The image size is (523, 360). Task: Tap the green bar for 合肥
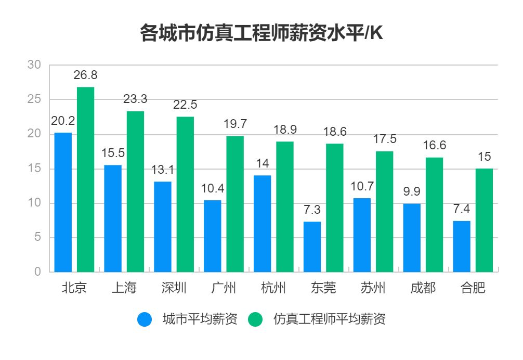pos(484,220)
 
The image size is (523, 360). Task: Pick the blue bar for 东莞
pos(312,247)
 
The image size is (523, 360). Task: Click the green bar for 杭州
pos(284,207)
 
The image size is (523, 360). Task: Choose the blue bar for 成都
pos(412,238)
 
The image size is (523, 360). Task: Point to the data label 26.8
pos(85,75)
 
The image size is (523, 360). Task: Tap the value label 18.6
pos(334,132)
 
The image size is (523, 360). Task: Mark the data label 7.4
pos(462,209)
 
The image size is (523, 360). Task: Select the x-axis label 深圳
pos(174,288)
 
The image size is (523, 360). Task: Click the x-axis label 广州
pos(224,288)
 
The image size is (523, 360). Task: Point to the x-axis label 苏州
pos(373,288)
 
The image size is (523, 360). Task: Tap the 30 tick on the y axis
pos(34,65)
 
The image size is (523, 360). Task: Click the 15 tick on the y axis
pos(34,169)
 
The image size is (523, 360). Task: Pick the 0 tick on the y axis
pos(37,272)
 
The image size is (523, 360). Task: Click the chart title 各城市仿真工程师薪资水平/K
pos(261,34)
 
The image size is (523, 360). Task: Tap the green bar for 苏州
pos(384,211)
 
